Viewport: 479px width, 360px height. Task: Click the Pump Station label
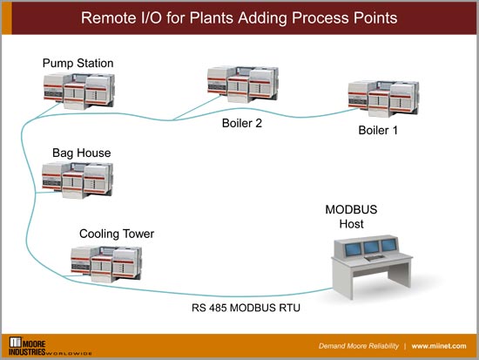pos(78,64)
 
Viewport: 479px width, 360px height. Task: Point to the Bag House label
pos(81,153)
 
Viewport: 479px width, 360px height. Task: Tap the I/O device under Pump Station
pos(78,90)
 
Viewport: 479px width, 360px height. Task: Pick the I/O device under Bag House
pos(81,181)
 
